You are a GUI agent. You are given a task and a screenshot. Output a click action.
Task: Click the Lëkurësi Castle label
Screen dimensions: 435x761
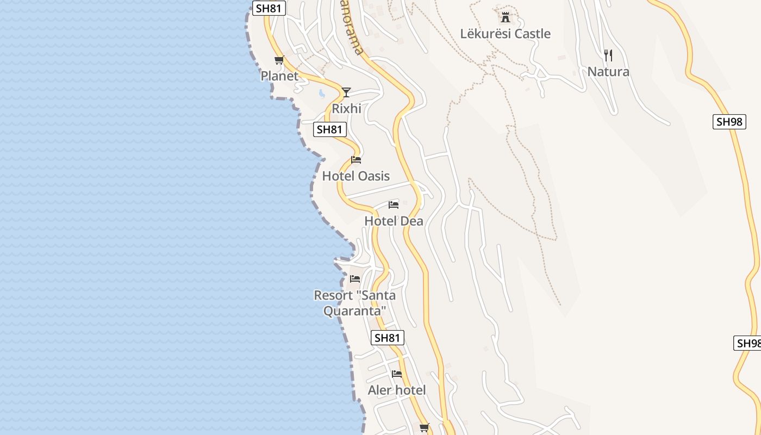pos(505,34)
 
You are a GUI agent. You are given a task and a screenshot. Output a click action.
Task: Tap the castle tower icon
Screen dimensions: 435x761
pos(506,17)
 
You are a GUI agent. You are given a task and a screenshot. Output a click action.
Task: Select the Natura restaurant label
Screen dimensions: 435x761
pos(608,72)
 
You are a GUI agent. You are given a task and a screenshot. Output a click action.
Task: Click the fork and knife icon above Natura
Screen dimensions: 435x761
pos(608,55)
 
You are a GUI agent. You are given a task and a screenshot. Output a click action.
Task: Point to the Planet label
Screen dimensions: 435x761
pos(279,76)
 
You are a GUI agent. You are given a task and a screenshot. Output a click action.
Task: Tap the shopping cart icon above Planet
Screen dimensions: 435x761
pos(279,60)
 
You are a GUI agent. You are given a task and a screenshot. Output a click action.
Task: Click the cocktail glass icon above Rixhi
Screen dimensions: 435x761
pos(346,92)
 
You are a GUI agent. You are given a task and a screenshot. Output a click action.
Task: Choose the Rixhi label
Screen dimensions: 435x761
pos(346,109)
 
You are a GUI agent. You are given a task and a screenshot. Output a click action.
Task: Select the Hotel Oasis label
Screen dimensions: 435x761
pos(356,176)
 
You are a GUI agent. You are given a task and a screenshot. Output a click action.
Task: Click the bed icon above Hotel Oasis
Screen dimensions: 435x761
pos(356,159)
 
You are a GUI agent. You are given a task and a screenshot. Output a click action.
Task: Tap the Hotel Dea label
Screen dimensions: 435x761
pos(394,221)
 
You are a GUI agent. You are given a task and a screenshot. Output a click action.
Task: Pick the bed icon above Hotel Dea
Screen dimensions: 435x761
pos(394,204)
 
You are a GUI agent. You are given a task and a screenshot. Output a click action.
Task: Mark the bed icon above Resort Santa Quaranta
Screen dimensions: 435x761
pos(355,278)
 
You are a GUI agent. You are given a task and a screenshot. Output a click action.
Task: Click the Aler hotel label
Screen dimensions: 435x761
pos(397,390)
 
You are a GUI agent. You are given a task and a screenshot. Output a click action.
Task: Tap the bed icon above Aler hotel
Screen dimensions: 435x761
pos(397,374)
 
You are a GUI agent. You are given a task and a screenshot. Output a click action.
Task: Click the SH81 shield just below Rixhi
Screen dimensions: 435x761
pos(330,129)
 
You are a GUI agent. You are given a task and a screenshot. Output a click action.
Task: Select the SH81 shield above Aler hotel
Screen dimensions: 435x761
pos(388,338)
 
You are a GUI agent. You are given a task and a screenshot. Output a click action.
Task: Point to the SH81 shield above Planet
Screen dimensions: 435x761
pos(269,8)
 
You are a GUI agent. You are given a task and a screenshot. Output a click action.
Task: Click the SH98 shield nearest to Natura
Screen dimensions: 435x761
pos(729,122)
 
